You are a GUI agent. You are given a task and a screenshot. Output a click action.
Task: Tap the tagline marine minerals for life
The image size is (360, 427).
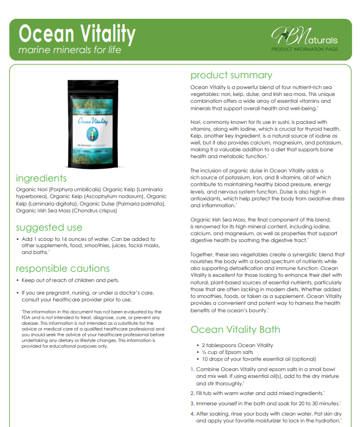point(70,50)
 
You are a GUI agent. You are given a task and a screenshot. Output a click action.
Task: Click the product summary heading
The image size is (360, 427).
point(231,75)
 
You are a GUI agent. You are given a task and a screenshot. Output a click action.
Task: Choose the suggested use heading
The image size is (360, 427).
point(49,228)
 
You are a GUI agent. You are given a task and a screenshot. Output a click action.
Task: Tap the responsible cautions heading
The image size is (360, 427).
point(62,268)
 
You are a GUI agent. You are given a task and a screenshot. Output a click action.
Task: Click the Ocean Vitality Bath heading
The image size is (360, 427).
point(235,329)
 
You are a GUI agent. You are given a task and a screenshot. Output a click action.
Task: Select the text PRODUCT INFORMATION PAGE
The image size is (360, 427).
point(304,50)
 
